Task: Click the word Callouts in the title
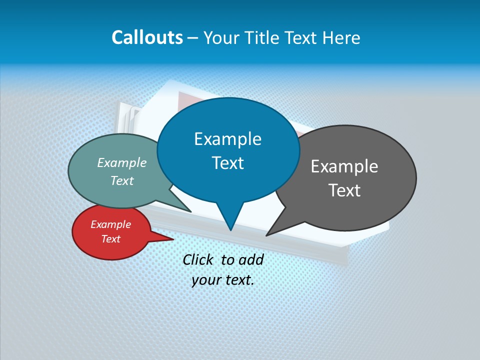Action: [x=147, y=37]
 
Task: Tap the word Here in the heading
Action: [x=341, y=38]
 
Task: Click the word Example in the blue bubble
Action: [x=228, y=138]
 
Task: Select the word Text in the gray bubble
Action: [x=344, y=190]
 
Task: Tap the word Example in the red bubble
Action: [x=110, y=224]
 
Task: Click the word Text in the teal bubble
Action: [x=121, y=180]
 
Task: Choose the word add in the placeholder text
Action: [x=251, y=259]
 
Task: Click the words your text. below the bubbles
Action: [x=223, y=280]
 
